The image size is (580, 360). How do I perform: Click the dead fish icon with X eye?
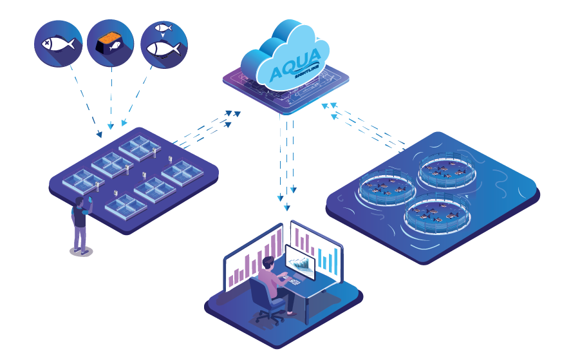pyautogui.click(x=58, y=44)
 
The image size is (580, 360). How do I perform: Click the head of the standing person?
pyautogui.click(x=80, y=202)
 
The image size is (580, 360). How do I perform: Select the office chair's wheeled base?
pyautogui.click(x=269, y=317)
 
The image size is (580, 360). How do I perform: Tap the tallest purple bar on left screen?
pyautogui.click(x=279, y=245)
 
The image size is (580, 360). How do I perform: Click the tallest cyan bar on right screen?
pyautogui.click(x=335, y=257)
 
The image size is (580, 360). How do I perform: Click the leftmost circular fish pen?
pyautogui.click(x=386, y=189)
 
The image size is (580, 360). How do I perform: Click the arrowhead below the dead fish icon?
pyautogui.click(x=99, y=135)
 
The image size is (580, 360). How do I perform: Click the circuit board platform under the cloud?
pyautogui.click(x=286, y=90)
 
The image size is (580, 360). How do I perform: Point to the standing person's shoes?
pyautogui.click(x=80, y=251)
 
